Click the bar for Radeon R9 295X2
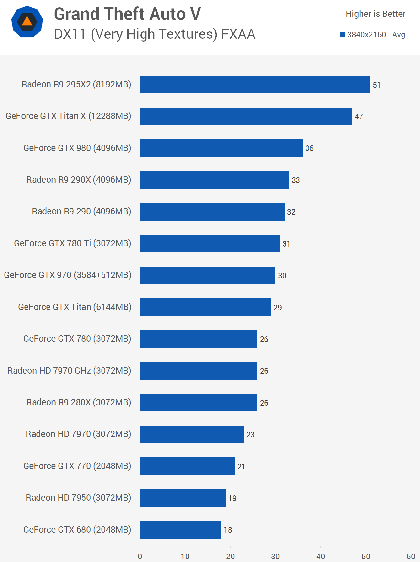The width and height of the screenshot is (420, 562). pos(255,85)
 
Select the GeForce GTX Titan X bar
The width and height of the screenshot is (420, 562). pos(246,116)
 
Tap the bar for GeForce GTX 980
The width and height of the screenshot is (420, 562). pos(221,148)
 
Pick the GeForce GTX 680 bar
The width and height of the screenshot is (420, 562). pos(180,530)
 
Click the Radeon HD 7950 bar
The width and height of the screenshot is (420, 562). pos(183,498)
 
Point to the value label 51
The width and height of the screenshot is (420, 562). pos(377,85)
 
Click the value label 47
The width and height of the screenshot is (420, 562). pos(359,117)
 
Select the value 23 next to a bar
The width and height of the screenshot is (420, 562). pos(251,435)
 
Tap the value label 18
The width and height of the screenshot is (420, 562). pos(228,530)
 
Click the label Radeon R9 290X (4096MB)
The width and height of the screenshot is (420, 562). pos(79,180)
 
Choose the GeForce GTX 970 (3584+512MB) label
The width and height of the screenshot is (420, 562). pos(68,275)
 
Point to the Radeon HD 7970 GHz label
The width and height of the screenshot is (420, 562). pos(69,371)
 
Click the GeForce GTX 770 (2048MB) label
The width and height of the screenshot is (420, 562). pos(77,466)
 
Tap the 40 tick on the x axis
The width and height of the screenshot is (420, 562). pos(320,556)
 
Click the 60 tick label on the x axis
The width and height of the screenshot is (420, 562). pos(411,556)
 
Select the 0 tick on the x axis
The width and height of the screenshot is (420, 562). pos(140,556)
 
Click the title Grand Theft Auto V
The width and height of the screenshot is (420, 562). pos(127,14)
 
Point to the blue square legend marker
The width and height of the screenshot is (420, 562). pos(343,35)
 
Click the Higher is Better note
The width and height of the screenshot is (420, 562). pos(375,14)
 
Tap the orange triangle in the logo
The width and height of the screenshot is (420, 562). pos(27,21)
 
